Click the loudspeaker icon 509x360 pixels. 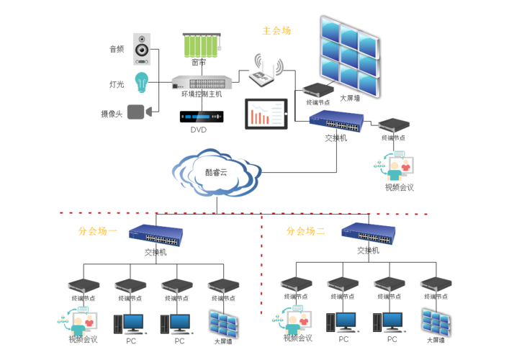pos(141,49)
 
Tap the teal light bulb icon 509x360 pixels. pos(141,81)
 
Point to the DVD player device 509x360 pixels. pos(202,116)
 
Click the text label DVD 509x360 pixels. pos(198,130)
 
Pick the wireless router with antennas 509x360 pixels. pos(266,70)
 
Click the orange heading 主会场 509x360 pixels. pos(276,31)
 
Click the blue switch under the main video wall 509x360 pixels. pos(335,120)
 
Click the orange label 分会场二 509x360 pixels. pos(306,232)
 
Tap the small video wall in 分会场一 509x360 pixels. pos(223,323)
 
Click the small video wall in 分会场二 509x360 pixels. pos(436,322)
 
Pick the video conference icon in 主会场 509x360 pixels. pos(395,166)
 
